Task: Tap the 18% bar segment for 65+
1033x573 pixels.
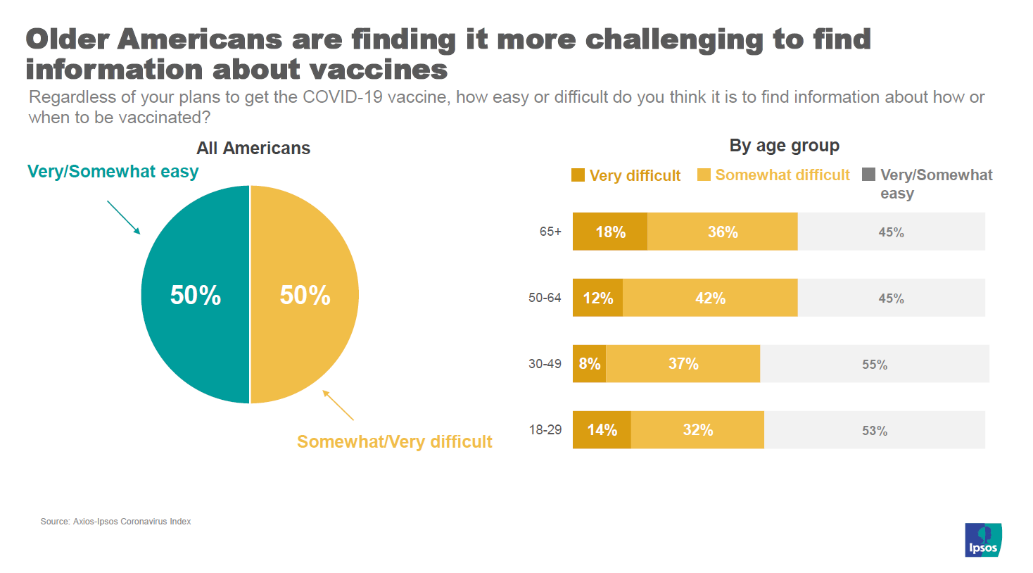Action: pyautogui.click(x=609, y=232)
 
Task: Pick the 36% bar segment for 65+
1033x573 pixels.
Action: pyautogui.click(x=722, y=232)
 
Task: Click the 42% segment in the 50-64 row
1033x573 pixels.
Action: pyautogui.click(x=710, y=298)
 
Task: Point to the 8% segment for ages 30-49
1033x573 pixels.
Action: pyautogui.click(x=589, y=364)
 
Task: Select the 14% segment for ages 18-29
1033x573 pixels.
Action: pyautogui.click(x=602, y=430)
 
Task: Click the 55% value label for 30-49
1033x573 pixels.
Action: pyautogui.click(x=875, y=365)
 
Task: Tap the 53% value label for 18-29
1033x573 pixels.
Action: pyautogui.click(x=875, y=431)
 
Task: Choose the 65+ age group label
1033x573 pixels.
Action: pyautogui.click(x=550, y=232)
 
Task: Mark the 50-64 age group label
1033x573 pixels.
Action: pyautogui.click(x=545, y=298)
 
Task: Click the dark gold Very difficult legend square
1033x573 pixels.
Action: pyautogui.click(x=578, y=175)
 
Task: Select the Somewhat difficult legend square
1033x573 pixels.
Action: pyautogui.click(x=704, y=175)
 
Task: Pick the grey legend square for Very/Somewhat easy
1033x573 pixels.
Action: pyautogui.click(x=869, y=175)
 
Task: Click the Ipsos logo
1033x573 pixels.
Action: pyautogui.click(x=983, y=540)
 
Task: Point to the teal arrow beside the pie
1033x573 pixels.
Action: pyautogui.click(x=124, y=218)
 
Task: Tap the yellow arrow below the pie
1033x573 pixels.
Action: pyautogui.click(x=338, y=405)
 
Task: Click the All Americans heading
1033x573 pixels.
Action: pyautogui.click(x=253, y=149)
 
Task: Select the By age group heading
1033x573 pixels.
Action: pyautogui.click(x=784, y=146)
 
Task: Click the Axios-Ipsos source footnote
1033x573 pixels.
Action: pyautogui.click(x=115, y=522)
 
